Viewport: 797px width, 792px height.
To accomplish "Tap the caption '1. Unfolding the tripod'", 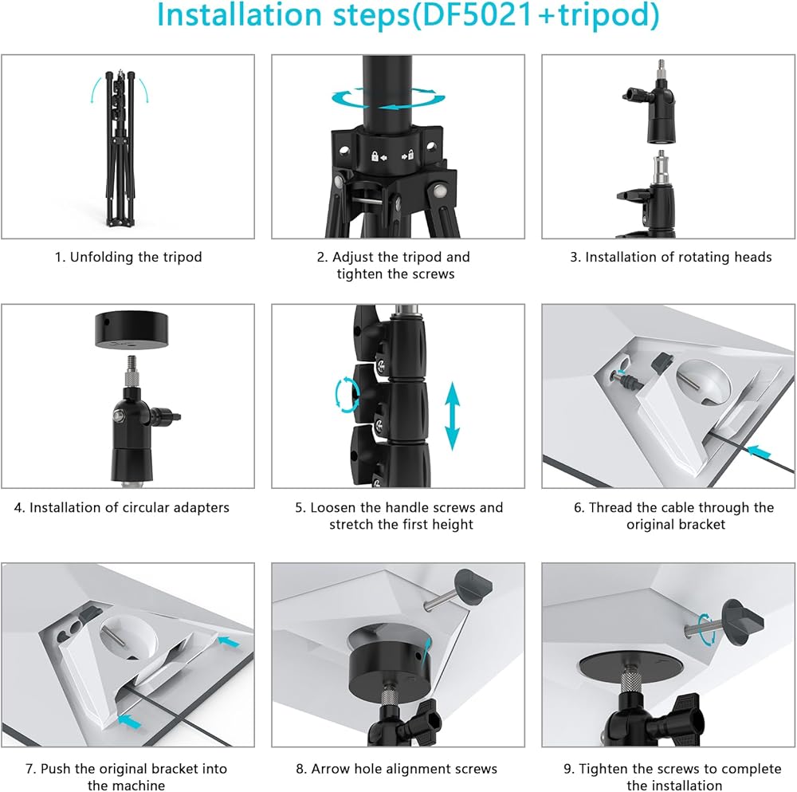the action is point(128,257).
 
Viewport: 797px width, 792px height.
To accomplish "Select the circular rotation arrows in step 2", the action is point(388,97).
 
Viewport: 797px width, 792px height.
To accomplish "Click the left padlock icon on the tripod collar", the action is point(375,156).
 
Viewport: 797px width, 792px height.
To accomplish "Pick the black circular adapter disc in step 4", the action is point(132,330).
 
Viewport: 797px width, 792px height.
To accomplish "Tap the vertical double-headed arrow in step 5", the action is point(453,416).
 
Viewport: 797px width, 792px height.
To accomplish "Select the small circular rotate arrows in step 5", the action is point(347,394).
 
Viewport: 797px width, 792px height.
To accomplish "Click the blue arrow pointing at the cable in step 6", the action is point(760,451).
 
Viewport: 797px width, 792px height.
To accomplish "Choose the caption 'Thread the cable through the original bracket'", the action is point(674,516).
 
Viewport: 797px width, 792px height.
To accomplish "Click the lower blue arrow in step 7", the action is point(130,721).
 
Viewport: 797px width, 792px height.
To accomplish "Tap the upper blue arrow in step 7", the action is point(228,641).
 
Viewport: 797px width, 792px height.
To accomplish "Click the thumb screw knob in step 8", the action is point(473,586).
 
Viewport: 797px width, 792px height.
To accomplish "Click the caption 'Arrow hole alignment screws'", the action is point(396,769).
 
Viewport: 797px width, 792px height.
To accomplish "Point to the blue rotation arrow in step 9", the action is point(705,629).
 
